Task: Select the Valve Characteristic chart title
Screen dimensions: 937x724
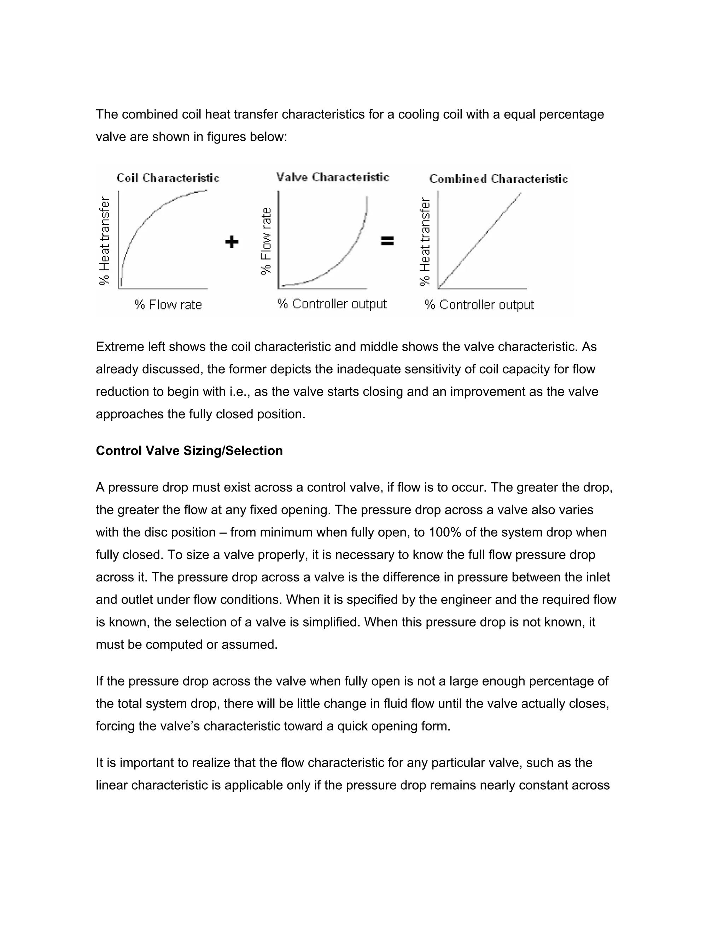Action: (x=332, y=177)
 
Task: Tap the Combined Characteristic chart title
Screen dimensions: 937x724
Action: (x=498, y=179)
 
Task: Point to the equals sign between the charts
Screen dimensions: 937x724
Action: (x=387, y=241)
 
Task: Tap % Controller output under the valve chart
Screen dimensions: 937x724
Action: (x=332, y=304)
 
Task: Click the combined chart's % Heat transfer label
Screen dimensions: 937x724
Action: (x=425, y=241)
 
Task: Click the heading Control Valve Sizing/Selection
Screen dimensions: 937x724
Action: (x=189, y=450)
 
